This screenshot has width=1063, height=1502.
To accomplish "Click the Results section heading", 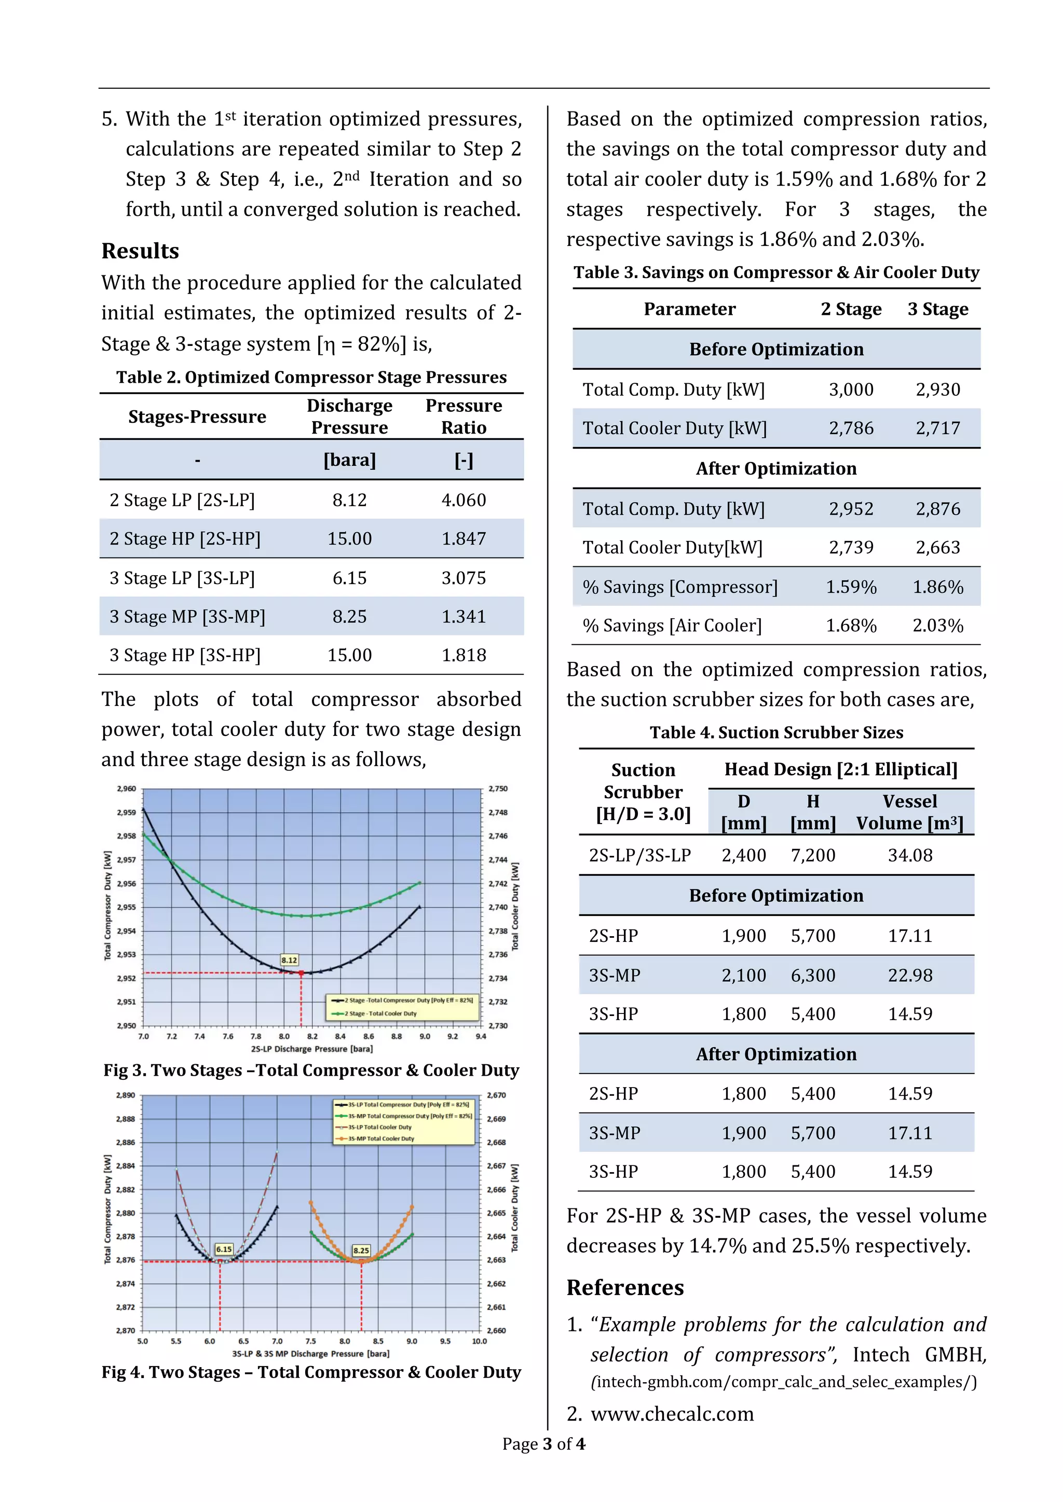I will coord(140,251).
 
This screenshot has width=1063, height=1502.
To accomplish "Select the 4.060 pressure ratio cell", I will coord(464,500).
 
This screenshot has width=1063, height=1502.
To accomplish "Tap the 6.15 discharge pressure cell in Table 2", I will coord(349,578).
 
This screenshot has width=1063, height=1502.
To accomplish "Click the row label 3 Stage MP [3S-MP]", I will coord(187,616).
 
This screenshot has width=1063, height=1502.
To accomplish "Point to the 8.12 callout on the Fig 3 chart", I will coord(289,959).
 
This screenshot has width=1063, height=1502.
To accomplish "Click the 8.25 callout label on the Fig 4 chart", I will coord(361,1250).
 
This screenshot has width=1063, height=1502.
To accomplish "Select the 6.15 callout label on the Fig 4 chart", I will coord(224,1249).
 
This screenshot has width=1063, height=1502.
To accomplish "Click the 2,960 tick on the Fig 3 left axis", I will coord(126,788).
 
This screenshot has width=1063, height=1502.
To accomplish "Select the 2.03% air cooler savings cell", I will coord(937,625).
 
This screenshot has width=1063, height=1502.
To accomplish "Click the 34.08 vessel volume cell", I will coord(910,855).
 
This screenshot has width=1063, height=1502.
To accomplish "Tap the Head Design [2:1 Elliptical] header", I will coord(840,769).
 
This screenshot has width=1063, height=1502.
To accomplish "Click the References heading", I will coord(625,1287).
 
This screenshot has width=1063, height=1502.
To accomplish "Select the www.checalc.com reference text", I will coord(672,1414).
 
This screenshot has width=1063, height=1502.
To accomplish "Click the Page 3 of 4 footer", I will coord(543,1444).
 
